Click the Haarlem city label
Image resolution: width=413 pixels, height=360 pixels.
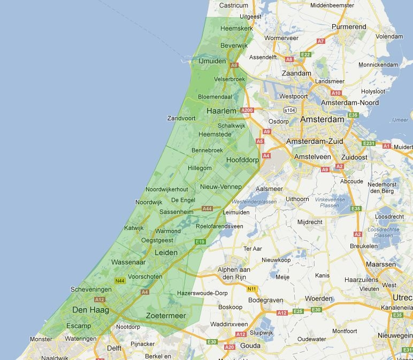(221, 111)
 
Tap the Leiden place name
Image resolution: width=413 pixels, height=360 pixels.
(165, 252)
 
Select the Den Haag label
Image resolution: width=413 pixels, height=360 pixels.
(90, 310)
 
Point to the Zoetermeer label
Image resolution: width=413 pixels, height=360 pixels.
(166, 316)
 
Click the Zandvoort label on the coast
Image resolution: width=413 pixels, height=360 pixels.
(181, 118)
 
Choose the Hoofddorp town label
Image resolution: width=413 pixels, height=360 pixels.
(242, 160)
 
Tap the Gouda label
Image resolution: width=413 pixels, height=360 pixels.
(250, 346)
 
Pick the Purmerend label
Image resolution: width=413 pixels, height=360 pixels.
(349, 26)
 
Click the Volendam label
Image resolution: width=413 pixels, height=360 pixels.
(389, 36)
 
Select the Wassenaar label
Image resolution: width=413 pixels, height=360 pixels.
(129, 262)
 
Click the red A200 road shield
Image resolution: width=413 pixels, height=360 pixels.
(247, 110)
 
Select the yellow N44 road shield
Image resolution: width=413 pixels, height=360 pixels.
(120, 281)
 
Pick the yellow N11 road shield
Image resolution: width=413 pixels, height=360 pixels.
(252, 289)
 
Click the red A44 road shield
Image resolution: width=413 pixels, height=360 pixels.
(207, 208)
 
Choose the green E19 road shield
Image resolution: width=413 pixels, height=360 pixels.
(200, 242)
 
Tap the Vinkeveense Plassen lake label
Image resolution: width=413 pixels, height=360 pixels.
(326, 202)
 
